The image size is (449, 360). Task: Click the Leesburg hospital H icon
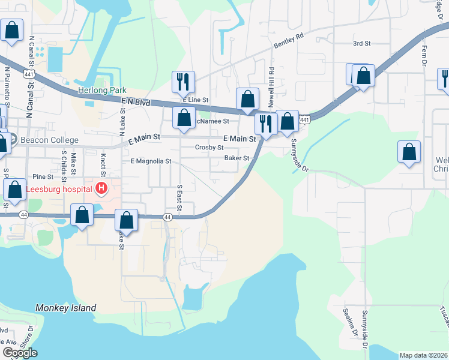click(x=101, y=188)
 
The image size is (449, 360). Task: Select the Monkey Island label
click(x=65, y=308)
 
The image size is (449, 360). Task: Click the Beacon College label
click(x=49, y=140)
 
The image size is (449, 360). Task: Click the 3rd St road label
click(x=362, y=43)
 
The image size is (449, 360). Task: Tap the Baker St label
click(x=237, y=158)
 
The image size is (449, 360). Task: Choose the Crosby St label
click(x=209, y=147)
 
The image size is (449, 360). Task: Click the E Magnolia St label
click(x=147, y=161)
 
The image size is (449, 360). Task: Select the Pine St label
click(x=43, y=176)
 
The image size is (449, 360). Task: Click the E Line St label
click(x=196, y=100)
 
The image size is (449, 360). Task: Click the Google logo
click(x=20, y=353)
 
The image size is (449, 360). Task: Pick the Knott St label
click(x=103, y=163)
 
